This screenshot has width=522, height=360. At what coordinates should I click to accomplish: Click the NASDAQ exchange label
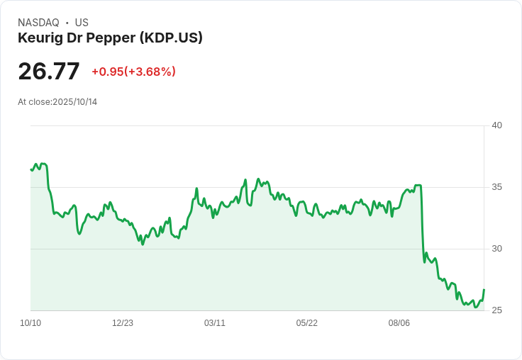pyautogui.click(x=38, y=23)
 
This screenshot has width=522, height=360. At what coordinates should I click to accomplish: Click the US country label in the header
pyautogui.click(x=82, y=23)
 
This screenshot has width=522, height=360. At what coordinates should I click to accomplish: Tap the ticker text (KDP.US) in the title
pyautogui.click(x=171, y=38)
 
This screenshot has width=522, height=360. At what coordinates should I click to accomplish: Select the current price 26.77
pyautogui.click(x=49, y=72)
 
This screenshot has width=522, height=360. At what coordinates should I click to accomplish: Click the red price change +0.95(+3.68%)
pyautogui.click(x=133, y=72)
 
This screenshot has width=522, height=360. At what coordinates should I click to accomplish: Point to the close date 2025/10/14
pyautogui.click(x=74, y=102)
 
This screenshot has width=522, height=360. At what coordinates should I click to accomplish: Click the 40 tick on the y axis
pyautogui.click(x=496, y=125)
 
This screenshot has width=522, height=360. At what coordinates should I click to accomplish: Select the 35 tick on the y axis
pyautogui.click(x=496, y=187)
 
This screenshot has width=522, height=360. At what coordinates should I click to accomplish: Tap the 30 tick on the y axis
pyautogui.click(x=496, y=249)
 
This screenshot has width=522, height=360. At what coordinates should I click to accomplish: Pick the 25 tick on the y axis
pyautogui.click(x=496, y=310)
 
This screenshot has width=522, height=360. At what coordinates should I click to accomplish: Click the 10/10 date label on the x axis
pyautogui.click(x=30, y=323)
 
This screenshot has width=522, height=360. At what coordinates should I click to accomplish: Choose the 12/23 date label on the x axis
pyautogui.click(x=123, y=323)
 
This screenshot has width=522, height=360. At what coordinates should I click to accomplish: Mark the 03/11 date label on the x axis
pyautogui.click(x=215, y=323)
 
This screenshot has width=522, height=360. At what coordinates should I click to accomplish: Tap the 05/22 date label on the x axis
pyautogui.click(x=307, y=323)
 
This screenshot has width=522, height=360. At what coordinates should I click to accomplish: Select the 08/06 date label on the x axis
pyautogui.click(x=399, y=323)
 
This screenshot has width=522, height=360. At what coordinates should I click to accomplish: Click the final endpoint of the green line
pyautogui.click(x=484, y=289)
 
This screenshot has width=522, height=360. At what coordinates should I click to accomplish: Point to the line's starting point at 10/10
pyautogui.click(x=31, y=169)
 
